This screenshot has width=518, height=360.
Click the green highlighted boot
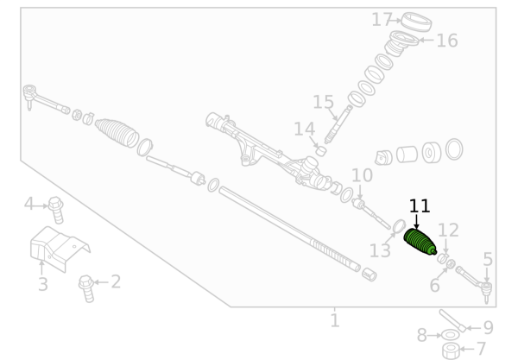pyautogui.click(x=420, y=242)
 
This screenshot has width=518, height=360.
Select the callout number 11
pyautogui.click(x=420, y=206)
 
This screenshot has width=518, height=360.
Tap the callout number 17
pyautogui.click(x=382, y=20)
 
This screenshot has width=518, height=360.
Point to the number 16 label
pyautogui.click(x=447, y=41)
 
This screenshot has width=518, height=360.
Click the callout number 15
pyautogui.click(x=323, y=102)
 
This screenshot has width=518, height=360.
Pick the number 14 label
pyautogui.click(x=304, y=129)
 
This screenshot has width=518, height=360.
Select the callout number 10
pyautogui.click(x=362, y=175)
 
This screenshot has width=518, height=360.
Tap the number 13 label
pyautogui.click(x=380, y=250)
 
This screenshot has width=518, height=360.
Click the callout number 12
pyautogui.click(x=448, y=231)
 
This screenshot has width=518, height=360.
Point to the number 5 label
pyautogui.click(x=488, y=259)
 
